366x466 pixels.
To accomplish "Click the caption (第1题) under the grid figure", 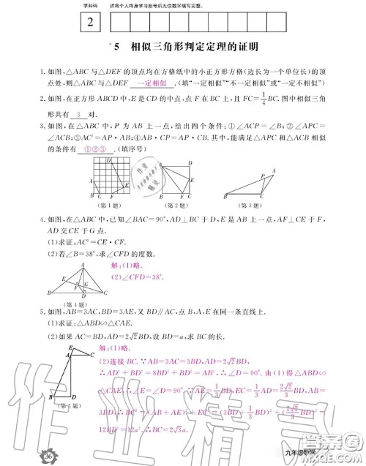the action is click(105, 206).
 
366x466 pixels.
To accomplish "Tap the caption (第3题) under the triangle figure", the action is click(250, 206).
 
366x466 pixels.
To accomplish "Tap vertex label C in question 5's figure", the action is click(93, 355).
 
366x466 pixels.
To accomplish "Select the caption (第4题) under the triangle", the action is click(67, 303).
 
